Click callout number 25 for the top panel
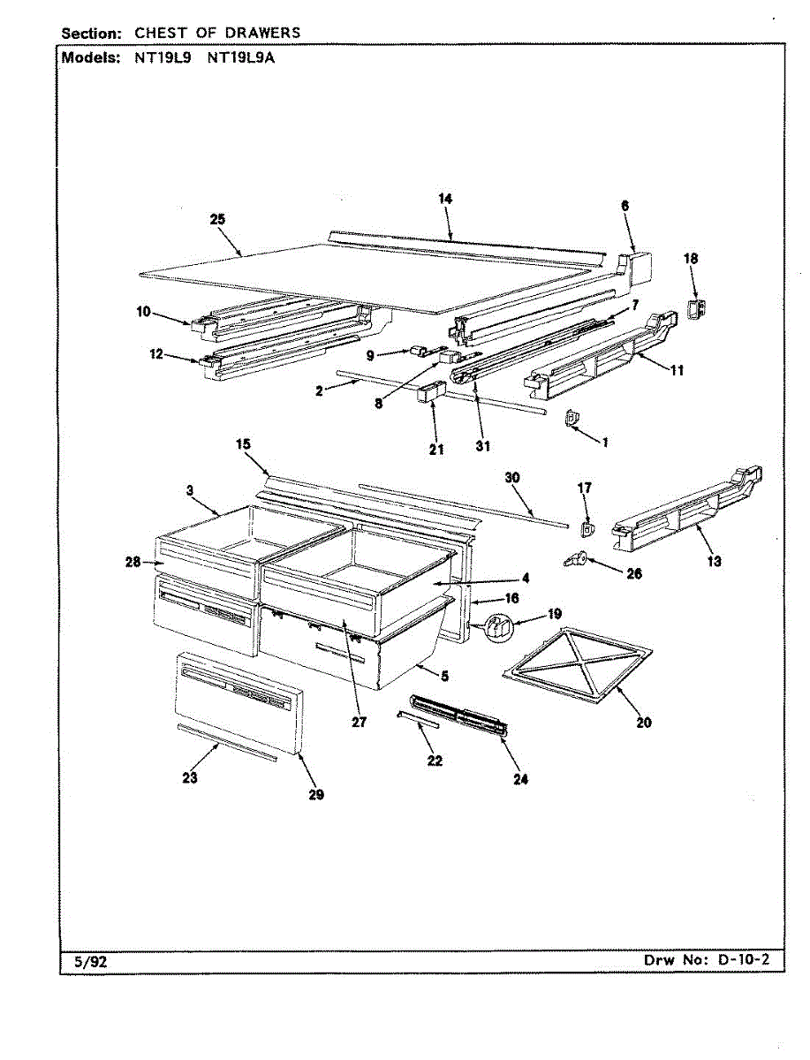coord(217,220)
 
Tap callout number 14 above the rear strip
coord(445,200)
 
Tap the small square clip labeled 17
coord(586,527)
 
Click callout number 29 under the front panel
coord(316,794)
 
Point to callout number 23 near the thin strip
coord(190,777)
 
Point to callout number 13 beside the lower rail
coord(714,560)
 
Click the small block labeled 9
coord(417,352)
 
